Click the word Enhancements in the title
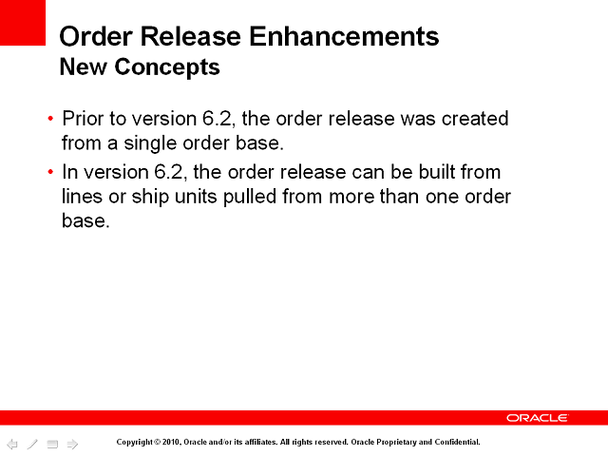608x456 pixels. pyautogui.click(x=349, y=37)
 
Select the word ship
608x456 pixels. pyautogui.click(x=146, y=197)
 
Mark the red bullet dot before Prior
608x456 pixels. pyautogui.click(x=50, y=120)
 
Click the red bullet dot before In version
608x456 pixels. pyautogui.click(x=50, y=173)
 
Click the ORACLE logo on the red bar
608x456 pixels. pyautogui.click(x=537, y=418)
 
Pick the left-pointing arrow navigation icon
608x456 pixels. pyautogui.click(x=12, y=444)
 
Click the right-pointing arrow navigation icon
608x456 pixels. pyautogui.click(x=71, y=444)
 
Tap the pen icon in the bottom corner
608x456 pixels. pyautogui.click(x=32, y=444)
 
